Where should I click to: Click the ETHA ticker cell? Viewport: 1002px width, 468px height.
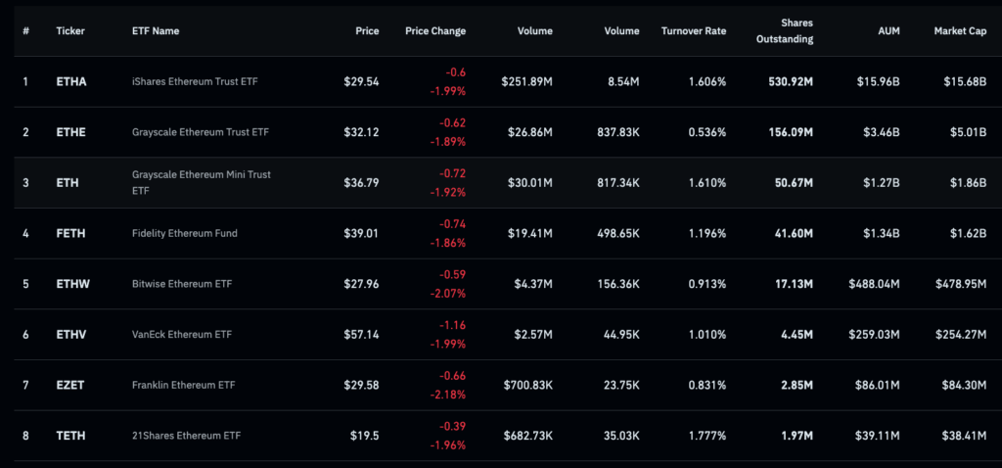click(71, 82)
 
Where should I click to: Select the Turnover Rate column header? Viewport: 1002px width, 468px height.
click(694, 31)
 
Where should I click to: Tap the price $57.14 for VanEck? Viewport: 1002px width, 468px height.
click(361, 335)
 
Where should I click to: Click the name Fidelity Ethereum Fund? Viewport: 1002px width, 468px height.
click(185, 234)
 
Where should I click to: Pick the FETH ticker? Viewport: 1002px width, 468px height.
click(71, 234)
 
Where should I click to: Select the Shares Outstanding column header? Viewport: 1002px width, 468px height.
click(786, 31)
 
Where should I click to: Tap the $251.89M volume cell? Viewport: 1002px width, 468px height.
click(526, 82)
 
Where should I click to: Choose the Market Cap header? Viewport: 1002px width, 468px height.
click(960, 31)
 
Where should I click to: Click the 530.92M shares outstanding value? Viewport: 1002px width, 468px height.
click(791, 82)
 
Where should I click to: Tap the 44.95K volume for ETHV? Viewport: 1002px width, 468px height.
click(618, 335)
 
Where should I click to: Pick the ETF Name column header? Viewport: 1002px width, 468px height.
click(156, 31)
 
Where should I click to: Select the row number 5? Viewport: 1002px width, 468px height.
click(25, 284)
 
